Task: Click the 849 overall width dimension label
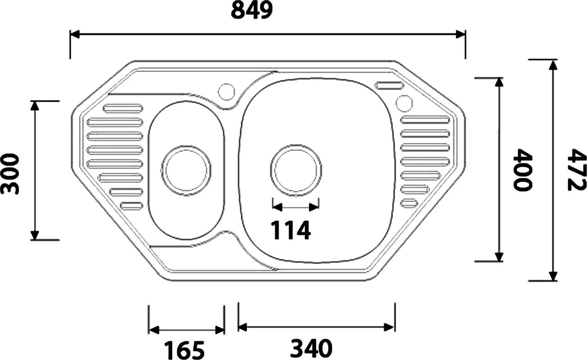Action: click(252, 10)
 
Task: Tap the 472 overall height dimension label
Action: click(577, 170)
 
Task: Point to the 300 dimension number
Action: click(10, 174)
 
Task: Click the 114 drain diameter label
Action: click(291, 230)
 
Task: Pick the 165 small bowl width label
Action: click(184, 350)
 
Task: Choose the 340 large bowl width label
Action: click(311, 348)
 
